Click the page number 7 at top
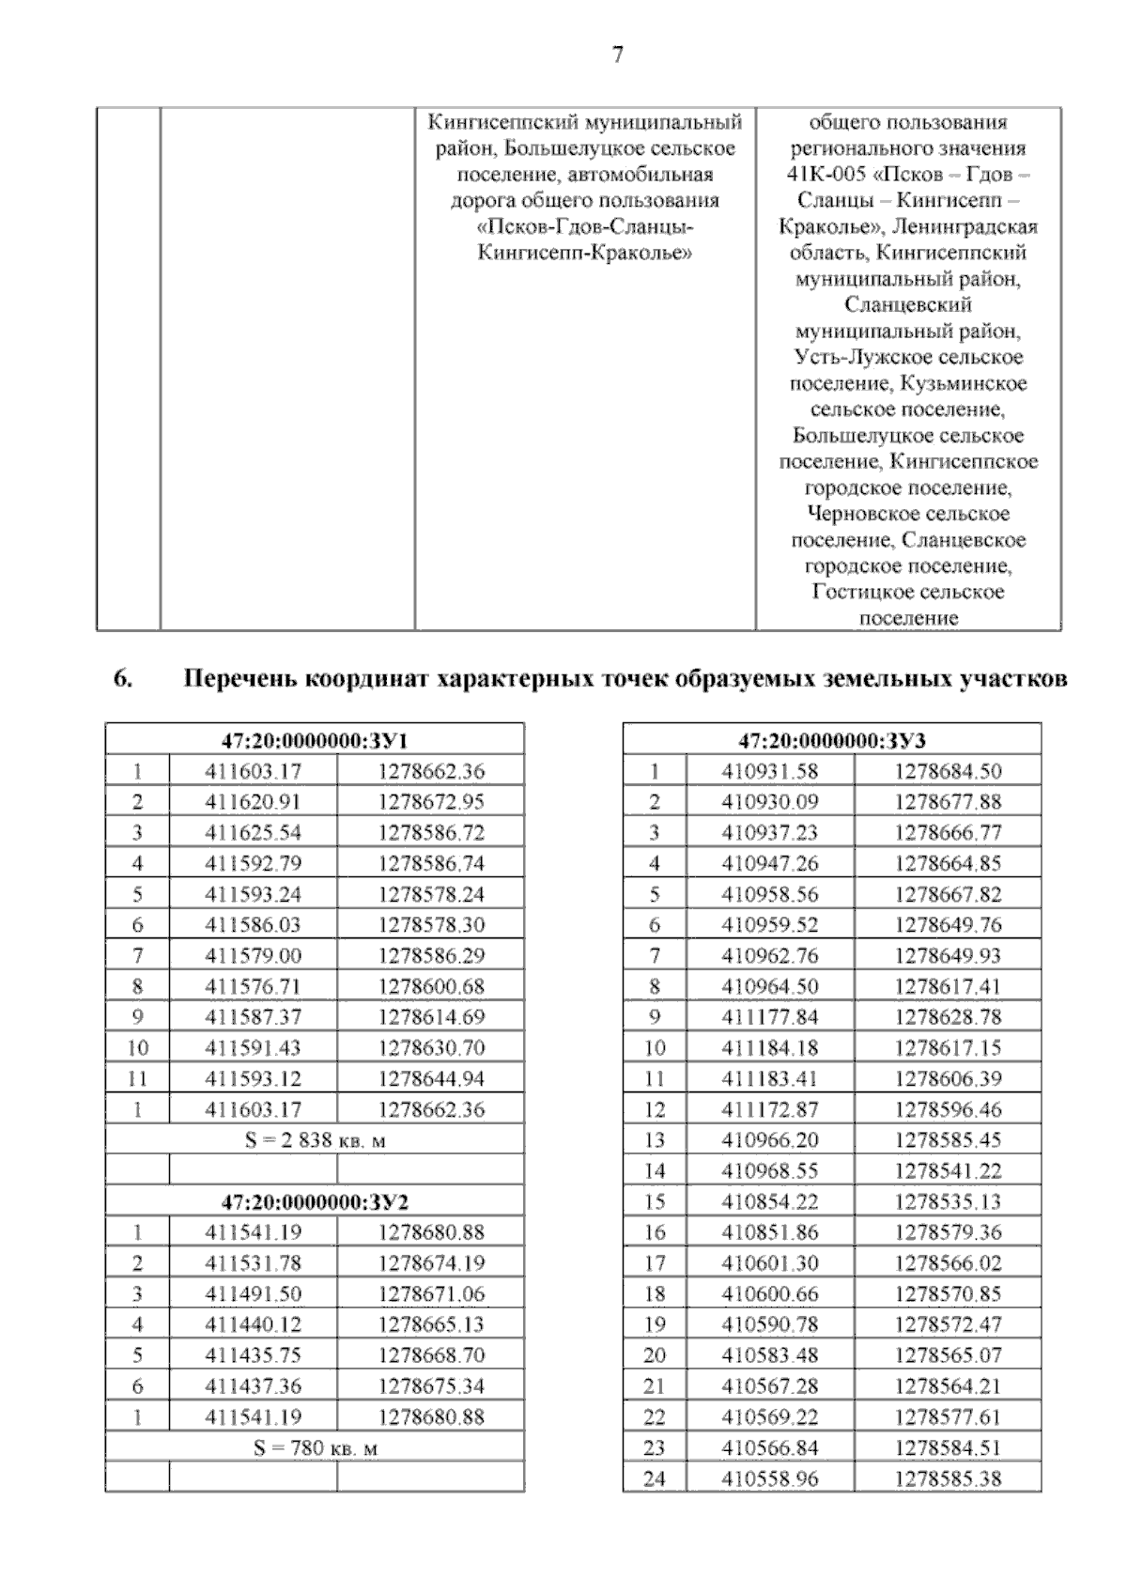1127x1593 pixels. [x=617, y=55]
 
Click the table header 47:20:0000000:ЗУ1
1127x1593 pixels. [x=315, y=740]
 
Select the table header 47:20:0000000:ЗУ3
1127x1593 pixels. [x=832, y=740]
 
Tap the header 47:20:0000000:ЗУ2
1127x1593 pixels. [x=315, y=1201]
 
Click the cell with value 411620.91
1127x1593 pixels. [x=254, y=802]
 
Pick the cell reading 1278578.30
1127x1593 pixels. [x=431, y=925]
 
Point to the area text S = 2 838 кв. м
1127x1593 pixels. [x=315, y=1140]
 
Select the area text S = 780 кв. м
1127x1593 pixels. [x=315, y=1447]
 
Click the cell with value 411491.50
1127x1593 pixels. [x=254, y=1293]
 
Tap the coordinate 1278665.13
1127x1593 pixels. [x=431, y=1324]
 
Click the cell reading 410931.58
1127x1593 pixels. [x=770, y=771]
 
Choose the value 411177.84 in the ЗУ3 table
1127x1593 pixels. [x=770, y=1017]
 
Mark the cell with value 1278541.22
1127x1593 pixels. [x=948, y=1171]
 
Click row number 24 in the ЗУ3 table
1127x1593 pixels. [x=655, y=1478]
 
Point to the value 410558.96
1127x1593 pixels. [x=770, y=1478]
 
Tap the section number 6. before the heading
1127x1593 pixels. [x=122, y=679]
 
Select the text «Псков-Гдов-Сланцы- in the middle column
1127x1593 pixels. [x=585, y=226]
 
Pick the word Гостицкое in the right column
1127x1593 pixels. [x=855, y=592]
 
